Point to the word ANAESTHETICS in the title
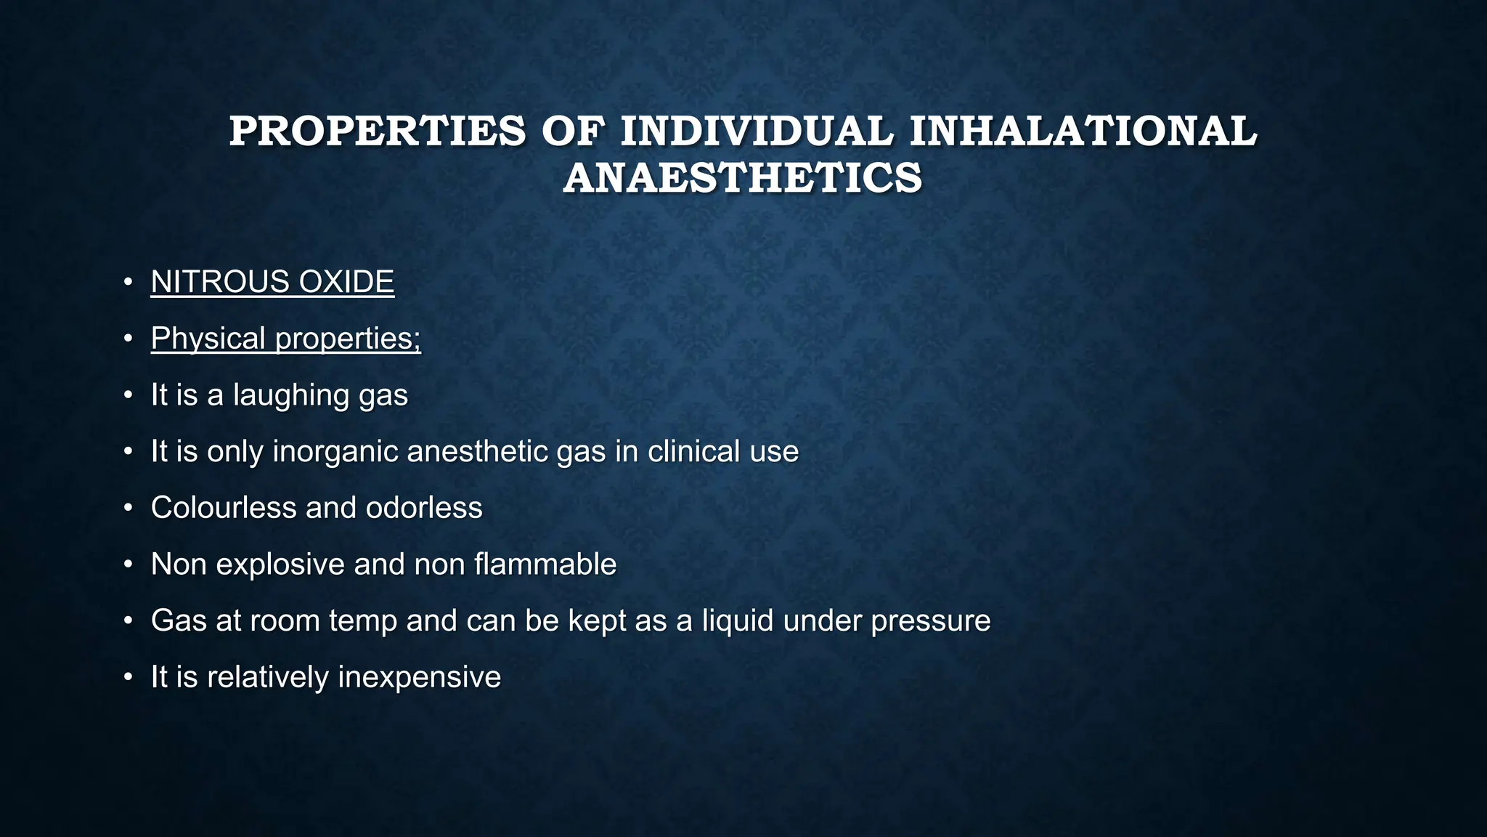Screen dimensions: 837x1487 click(x=743, y=178)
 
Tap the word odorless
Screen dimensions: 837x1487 click(x=424, y=508)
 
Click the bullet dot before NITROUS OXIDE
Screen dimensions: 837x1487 click(x=128, y=282)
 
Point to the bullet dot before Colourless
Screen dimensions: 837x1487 click(x=128, y=508)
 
